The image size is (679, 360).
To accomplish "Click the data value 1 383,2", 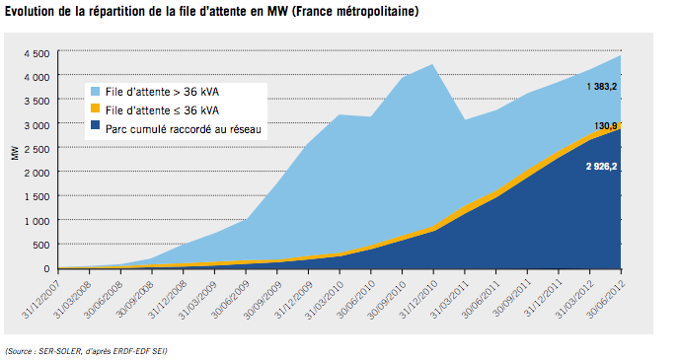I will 601,88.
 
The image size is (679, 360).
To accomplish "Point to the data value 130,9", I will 606,126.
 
